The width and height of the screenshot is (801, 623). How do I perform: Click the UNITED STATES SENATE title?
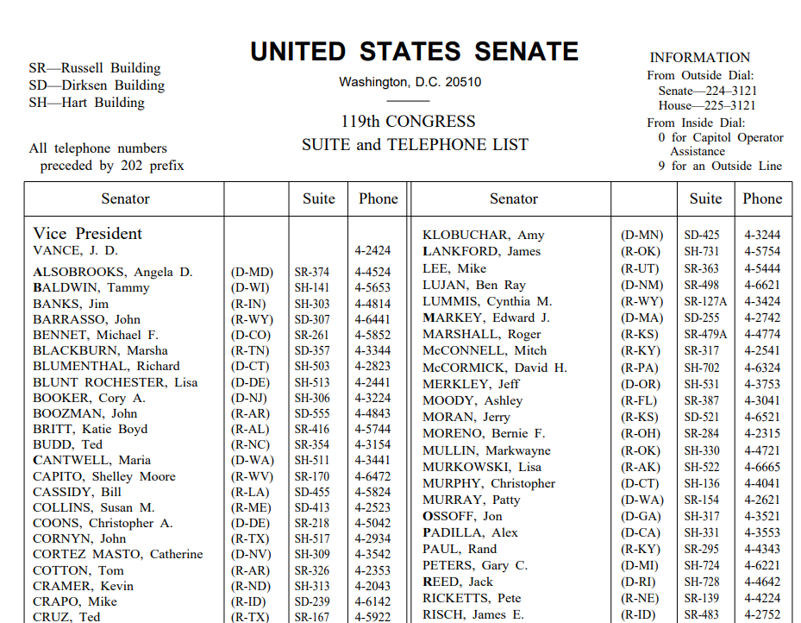click(x=414, y=52)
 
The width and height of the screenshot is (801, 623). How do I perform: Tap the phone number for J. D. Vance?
click(x=372, y=251)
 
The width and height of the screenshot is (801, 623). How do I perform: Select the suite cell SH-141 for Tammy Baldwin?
click(x=311, y=288)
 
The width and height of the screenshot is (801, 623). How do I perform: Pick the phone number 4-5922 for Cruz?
click(x=372, y=617)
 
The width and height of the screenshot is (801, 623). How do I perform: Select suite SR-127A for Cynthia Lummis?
click(x=705, y=302)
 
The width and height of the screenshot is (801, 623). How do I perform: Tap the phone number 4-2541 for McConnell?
click(x=762, y=351)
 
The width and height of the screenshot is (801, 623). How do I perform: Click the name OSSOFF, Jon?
click(x=462, y=517)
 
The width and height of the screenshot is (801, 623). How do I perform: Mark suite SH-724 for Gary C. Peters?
click(x=701, y=566)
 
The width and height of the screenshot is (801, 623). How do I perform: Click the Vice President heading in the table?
click(x=88, y=234)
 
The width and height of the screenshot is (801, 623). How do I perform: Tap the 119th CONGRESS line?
click(x=408, y=122)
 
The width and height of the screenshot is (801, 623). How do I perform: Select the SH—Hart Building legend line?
click(x=86, y=103)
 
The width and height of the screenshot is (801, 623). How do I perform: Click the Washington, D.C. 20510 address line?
click(x=410, y=83)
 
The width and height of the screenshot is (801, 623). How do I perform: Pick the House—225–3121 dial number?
click(x=707, y=106)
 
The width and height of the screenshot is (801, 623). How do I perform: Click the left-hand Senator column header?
click(x=125, y=199)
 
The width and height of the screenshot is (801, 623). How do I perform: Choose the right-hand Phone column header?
click(x=762, y=199)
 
